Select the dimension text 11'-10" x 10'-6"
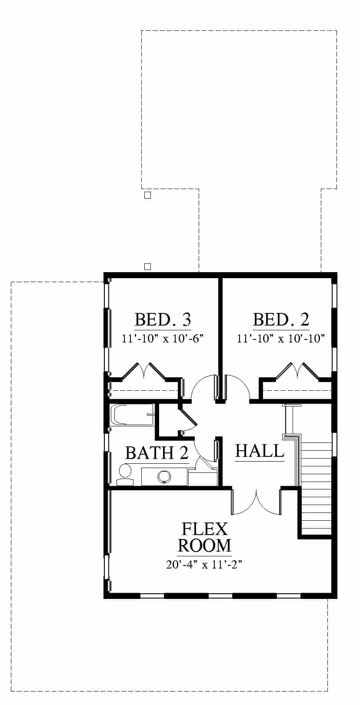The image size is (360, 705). click(163, 339)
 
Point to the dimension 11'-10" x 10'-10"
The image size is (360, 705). click(281, 339)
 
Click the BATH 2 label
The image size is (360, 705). click(157, 453)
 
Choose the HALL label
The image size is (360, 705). click(260, 451)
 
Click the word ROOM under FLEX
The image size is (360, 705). click(205, 545)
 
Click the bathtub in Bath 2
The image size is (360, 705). click(132, 415)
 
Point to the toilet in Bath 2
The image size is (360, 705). click(125, 475)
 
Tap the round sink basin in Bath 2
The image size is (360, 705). click(164, 476)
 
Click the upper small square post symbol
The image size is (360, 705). click(147, 195)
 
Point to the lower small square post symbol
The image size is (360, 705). click(147, 266)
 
